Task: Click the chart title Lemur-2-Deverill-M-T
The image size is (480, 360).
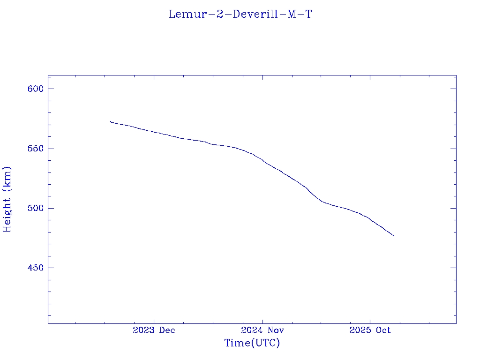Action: [240, 15]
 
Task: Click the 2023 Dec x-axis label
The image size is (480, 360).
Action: [154, 330]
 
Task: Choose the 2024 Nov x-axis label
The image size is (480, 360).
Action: [262, 330]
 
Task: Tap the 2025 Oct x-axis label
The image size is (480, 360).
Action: [370, 330]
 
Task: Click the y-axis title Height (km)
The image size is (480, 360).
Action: [7, 199]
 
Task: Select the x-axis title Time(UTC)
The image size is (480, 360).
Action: [252, 343]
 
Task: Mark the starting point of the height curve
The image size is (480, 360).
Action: [110, 121]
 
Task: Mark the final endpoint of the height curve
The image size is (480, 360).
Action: [394, 236]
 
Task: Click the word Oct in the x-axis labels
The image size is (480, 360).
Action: [382, 330]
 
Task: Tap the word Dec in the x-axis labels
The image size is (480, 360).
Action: [167, 330]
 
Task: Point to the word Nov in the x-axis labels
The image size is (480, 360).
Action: [276, 330]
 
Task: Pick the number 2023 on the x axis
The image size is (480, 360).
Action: [144, 330]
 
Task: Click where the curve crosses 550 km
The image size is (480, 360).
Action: [237, 149]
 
